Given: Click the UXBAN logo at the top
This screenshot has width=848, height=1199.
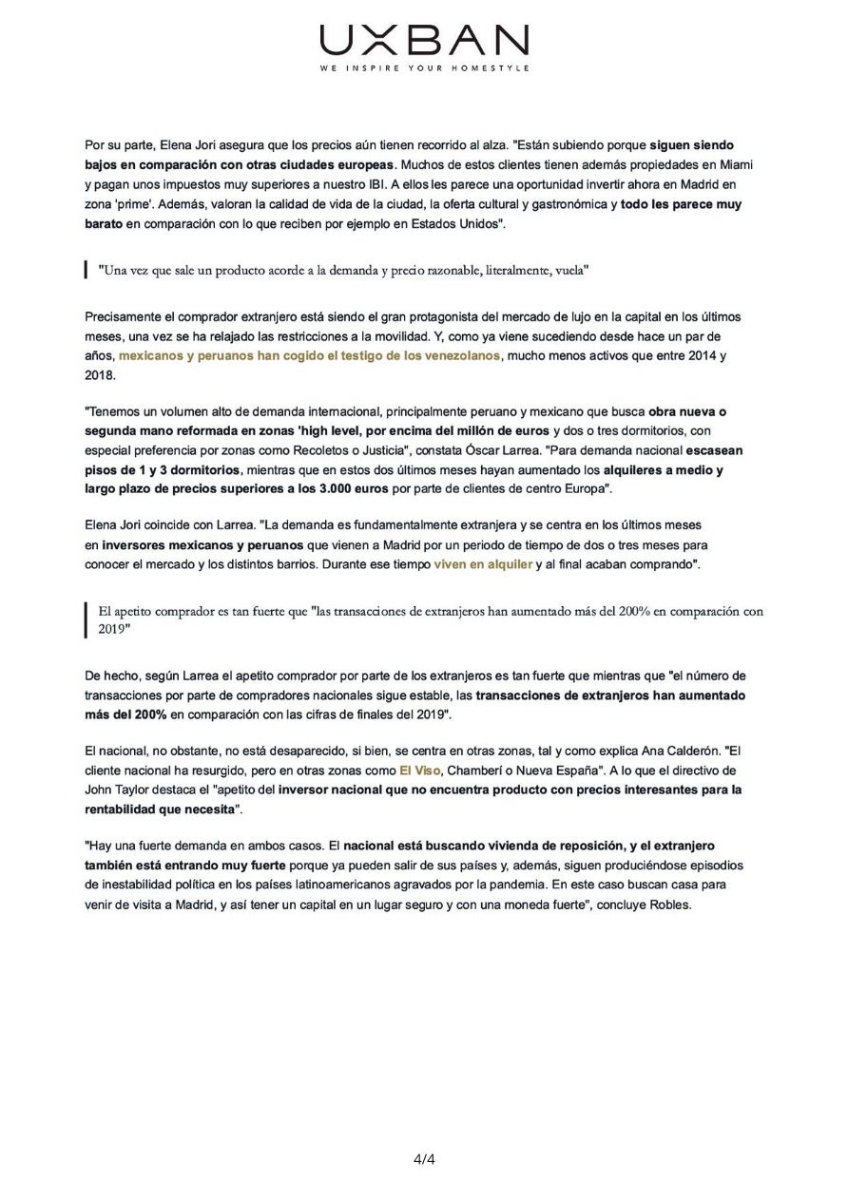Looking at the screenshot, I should click(x=424, y=42).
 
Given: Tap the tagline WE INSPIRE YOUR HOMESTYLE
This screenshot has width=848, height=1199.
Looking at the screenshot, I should click(x=424, y=68).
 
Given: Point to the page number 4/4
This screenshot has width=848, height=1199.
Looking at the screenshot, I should click(x=424, y=1158).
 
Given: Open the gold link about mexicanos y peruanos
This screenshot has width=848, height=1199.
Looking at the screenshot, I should click(x=309, y=354).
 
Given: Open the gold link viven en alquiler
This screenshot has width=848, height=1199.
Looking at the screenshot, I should click(x=483, y=563).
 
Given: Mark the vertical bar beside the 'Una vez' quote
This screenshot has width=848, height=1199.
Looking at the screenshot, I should click(x=87, y=271).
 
